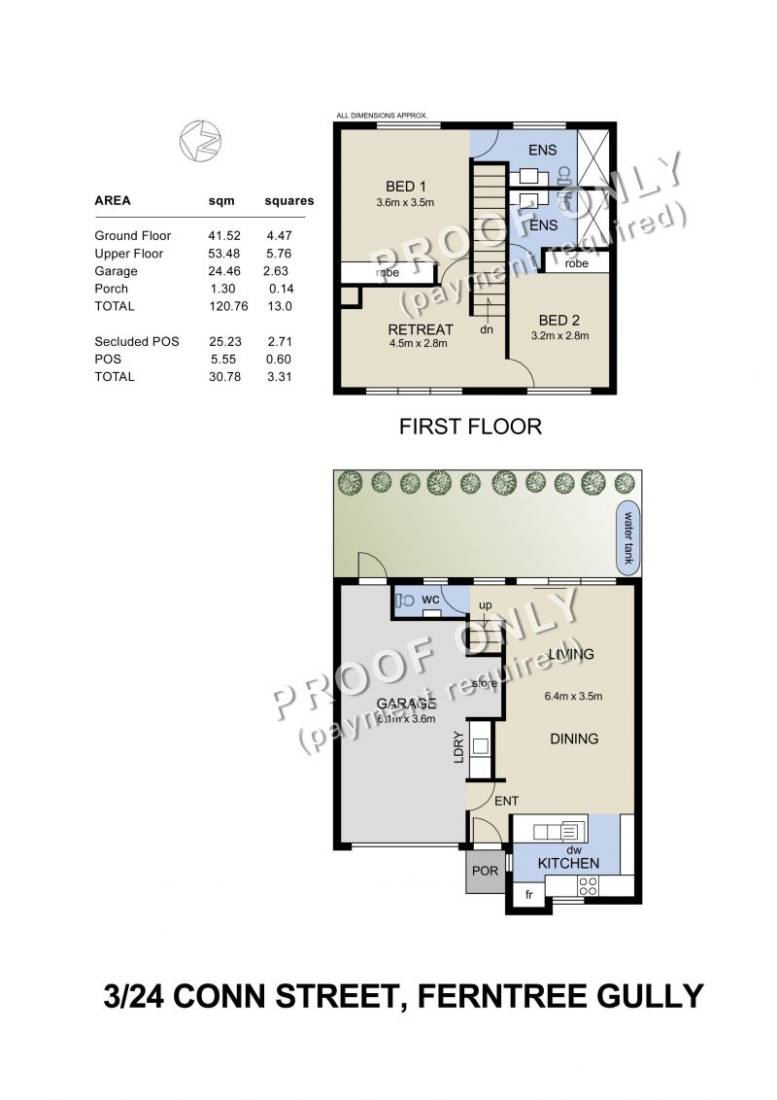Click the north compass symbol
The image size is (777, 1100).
[x=200, y=140]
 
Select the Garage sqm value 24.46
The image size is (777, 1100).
[x=224, y=271]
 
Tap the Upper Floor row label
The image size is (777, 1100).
[x=129, y=254]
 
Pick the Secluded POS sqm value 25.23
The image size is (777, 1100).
[x=224, y=342]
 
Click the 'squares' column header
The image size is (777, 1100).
[x=288, y=200]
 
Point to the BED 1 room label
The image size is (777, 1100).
[x=405, y=186]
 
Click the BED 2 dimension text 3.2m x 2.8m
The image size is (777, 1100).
[x=559, y=335]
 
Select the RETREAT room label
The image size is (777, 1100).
[x=421, y=329]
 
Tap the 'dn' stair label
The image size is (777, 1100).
[x=486, y=329]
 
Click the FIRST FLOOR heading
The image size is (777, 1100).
[x=470, y=427]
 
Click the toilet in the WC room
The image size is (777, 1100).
[x=405, y=601]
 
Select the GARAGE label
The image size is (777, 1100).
[x=406, y=704]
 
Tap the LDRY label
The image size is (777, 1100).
[x=458, y=747]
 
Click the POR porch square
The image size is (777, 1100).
[x=486, y=871]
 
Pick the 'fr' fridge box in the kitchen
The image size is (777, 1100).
[x=528, y=894]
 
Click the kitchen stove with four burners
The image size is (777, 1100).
[x=589, y=886]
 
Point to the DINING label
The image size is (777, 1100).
[x=574, y=738]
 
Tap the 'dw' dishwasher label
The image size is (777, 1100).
[x=574, y=850]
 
